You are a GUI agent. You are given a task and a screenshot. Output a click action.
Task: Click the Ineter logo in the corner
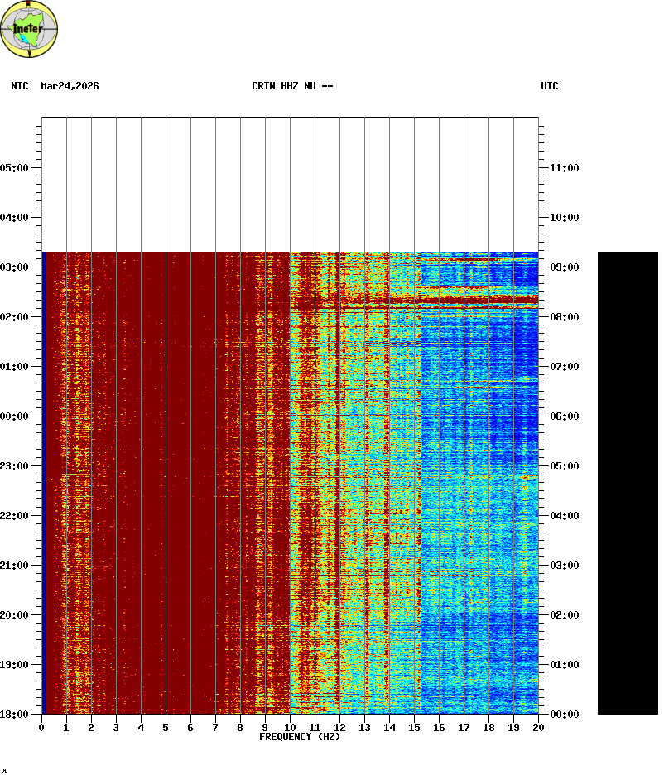[x=30, y=29]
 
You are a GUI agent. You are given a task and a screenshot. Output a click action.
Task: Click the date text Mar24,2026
[x=70, y=86]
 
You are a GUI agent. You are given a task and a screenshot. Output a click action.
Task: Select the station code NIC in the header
[x=20, y=86]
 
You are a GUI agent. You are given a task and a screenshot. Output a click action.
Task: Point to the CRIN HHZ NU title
[x=292, y=86]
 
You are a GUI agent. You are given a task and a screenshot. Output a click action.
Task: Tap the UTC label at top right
[x=550, y=86]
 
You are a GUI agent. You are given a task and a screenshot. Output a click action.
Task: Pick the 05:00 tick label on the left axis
[x=17, y=168]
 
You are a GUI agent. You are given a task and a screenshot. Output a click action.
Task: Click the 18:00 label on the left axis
[x=17, y=714]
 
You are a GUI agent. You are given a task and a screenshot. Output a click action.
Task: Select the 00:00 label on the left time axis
[x=17, y=416]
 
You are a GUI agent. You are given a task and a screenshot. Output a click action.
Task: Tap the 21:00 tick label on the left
[x=17, y=566]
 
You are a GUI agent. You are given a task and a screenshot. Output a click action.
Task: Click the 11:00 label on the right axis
[x=564, y=168]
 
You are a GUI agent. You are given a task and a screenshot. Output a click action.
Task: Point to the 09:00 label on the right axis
[x=564, y=267]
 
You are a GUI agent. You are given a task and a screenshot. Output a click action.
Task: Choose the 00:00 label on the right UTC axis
[x=564, y=714]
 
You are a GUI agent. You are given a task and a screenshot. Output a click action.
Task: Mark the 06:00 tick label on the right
[x=564, y=416]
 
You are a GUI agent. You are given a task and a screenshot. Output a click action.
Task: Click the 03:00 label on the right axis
[x=564, y=566]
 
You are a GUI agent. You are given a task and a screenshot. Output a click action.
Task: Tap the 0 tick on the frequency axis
[x=41, y=728]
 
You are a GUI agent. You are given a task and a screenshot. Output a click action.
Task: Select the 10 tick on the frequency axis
[x=290, y=728]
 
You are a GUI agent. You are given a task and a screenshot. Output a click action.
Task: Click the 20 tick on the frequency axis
[x=538, y=728]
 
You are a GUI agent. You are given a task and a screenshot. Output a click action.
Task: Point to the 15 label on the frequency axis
[x=414, y=728]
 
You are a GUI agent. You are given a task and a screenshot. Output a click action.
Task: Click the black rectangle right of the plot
[x=628, y=483]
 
